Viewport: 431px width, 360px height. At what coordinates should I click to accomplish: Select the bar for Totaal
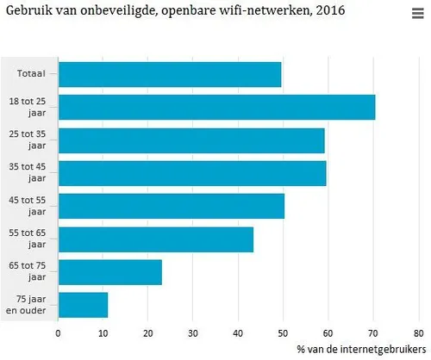pyautogui.click(x=170, y=74)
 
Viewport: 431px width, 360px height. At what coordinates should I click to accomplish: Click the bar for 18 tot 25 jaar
pyautogui.click(x=216, y=107)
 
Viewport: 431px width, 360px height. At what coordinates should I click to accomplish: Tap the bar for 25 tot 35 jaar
pyautogui.click(x=191, y=140)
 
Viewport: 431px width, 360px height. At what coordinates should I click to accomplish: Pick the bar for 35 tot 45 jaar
pyautogui.click(x=192, y=173)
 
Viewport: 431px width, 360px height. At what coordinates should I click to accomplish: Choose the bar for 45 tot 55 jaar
pyautogui.click(x=171, y=206)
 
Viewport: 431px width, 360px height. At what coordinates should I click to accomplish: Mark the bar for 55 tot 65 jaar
pyautogui.click(x=156, y=239)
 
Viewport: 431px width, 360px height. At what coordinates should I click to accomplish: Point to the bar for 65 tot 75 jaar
pyautogui.click(x=110, y=272)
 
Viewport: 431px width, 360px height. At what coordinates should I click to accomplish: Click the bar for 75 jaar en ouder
pyautogui.click(x=83, y=305)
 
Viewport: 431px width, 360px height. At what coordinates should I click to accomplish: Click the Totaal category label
pyautogui.click(x=32, y=74)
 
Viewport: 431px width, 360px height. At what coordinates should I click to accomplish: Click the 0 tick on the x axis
pyautogui.click(x=59, y=333)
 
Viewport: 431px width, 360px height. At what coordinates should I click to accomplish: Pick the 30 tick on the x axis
pyautogui.click(x=193, y=333)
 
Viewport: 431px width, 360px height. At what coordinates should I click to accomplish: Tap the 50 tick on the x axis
pyautogui.click(x=283, y=333)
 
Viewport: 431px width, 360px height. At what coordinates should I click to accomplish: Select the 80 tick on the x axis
pyautogui.click(x=417, y=333)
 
